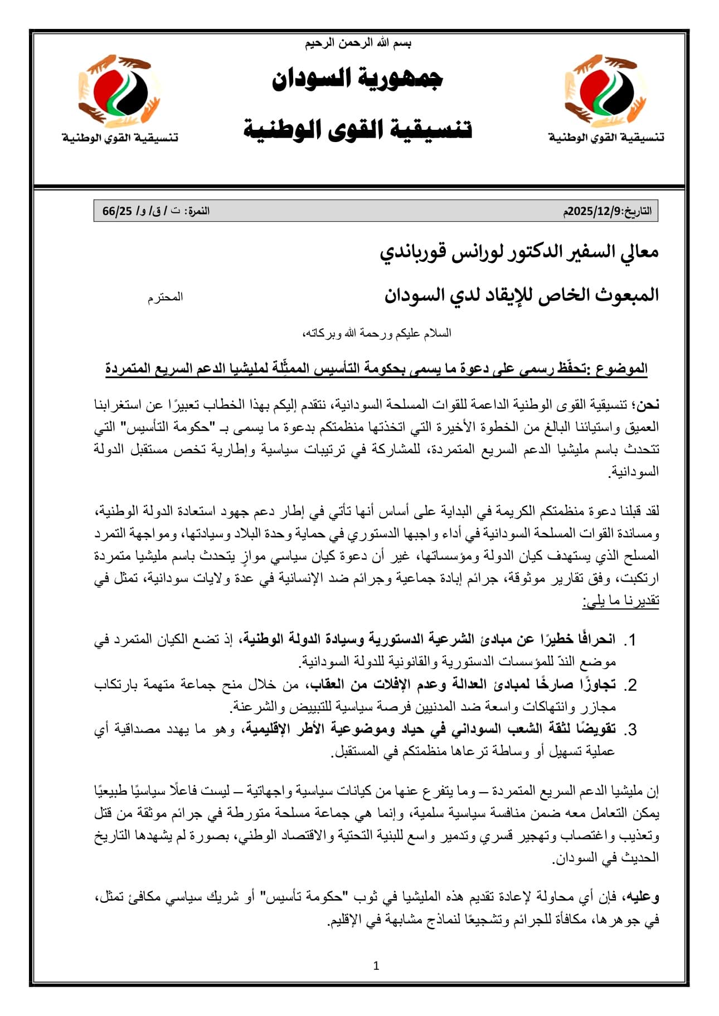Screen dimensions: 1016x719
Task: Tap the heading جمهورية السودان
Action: [x=357, y=79]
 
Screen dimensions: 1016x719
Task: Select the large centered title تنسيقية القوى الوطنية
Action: [x=358, y=129]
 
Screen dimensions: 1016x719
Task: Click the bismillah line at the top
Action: [x=358, y=43]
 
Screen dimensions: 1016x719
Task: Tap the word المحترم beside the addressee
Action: [x=165, y=297]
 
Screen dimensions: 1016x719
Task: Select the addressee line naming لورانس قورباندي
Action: [x=519, y=252]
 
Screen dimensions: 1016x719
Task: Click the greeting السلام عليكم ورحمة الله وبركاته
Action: [x=376, y=333]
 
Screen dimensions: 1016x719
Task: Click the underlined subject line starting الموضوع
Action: [x=376, y=368]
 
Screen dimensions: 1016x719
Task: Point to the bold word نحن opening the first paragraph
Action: [x=648, y=405]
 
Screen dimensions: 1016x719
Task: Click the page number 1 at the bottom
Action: [x=376, y=966]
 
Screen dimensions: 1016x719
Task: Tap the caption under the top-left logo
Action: [x=120, y=137]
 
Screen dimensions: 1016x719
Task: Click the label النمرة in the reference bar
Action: [x=198, y=212]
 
